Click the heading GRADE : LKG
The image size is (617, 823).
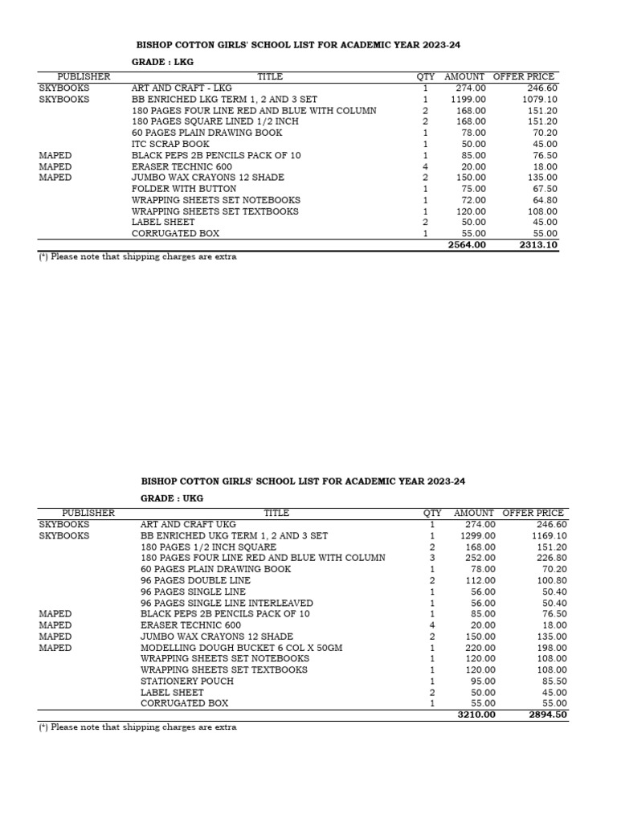(x=162, y=62)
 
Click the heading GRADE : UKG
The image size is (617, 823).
(x=172, y=498)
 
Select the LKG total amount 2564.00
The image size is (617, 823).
(x=467, y=245)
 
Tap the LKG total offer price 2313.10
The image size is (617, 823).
(x=538, y=245)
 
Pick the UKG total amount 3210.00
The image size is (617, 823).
(x=476, y=714)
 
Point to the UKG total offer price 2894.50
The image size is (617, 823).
(x=548, y=714)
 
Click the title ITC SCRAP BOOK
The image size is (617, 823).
(x=170, y=144)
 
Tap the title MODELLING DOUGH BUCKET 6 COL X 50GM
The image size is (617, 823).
(x=241, y=648)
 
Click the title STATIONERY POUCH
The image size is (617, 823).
(x=187, y=682)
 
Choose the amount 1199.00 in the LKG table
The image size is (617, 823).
(x=467, y=100)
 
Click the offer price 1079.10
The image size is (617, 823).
(x=539, y=100)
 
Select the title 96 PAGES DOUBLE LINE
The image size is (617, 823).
(x=195, y=580)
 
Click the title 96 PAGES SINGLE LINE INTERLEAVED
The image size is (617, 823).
(x=227, y=603)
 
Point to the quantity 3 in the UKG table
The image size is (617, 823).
(x=432, y=558)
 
